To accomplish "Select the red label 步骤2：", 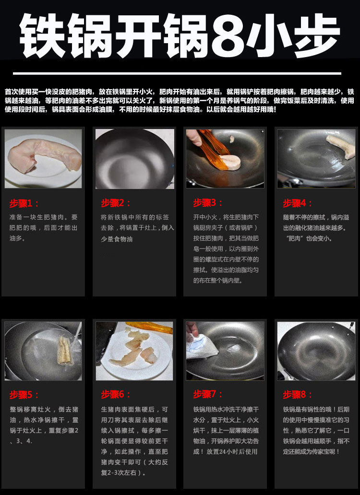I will tap(116, 202).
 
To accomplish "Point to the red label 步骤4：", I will tap(298, 202).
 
